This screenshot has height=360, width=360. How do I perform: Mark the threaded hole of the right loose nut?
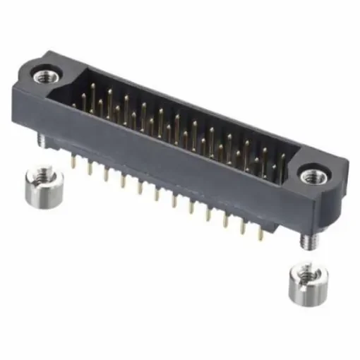304,271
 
